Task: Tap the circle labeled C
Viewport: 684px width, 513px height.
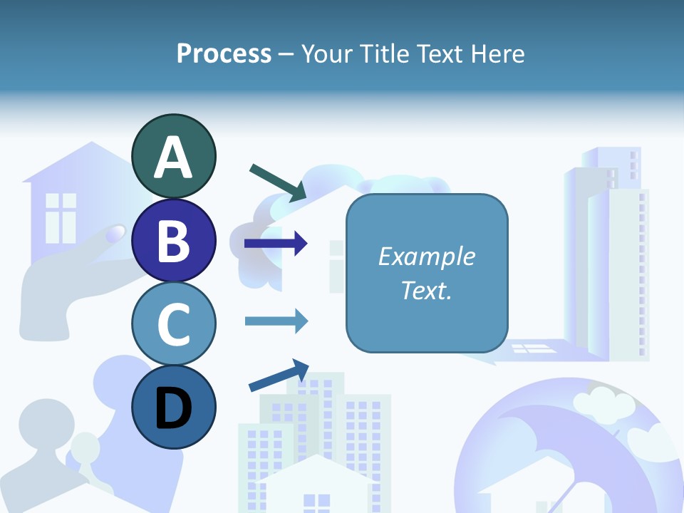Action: click(x=174, y=323)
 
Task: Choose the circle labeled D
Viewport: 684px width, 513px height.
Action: click(x=174, y=407)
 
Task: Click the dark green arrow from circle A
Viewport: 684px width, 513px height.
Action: click(x=278, y=182)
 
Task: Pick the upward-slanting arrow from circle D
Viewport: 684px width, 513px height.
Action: click(x=279, y=375)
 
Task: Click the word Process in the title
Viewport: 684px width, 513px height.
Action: click(x=224, y=53)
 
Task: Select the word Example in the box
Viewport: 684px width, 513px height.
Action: click(x=427, y=256)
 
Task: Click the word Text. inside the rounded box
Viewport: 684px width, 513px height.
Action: click(x=427, y=290)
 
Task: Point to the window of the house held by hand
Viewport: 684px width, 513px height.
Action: click(x=61, y=217)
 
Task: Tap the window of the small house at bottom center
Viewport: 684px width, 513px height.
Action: click(x=316, y=502)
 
